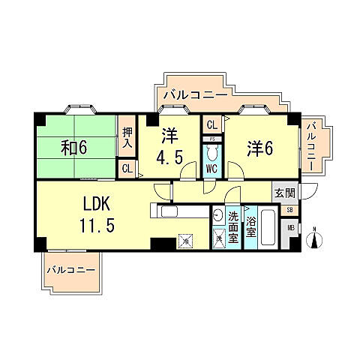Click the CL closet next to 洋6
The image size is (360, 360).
point(211,125)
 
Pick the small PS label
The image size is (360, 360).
point(211,139)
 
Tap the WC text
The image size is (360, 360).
point(211,169)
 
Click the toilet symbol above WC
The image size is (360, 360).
point(211,153)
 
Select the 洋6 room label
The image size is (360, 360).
point(259,148)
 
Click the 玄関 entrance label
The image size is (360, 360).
point(285,193)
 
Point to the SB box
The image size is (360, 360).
point(290,210)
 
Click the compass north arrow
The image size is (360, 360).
point(316,239)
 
